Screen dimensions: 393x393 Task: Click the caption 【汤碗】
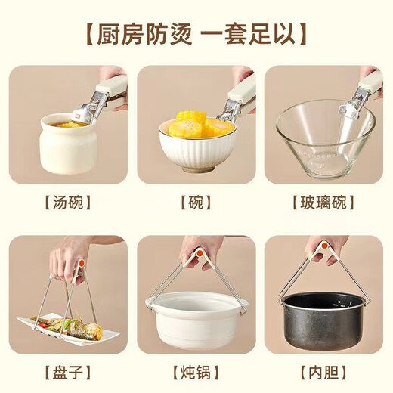point(69,203)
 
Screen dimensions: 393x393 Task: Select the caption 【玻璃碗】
point(323,203)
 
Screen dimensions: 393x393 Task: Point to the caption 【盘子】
point(69,373)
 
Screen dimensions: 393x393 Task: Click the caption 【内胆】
point(323,373)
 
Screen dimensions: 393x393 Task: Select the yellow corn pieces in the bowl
point(193,125)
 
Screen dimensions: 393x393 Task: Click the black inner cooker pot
point(323,321)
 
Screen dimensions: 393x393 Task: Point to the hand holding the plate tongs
point(70,256)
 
